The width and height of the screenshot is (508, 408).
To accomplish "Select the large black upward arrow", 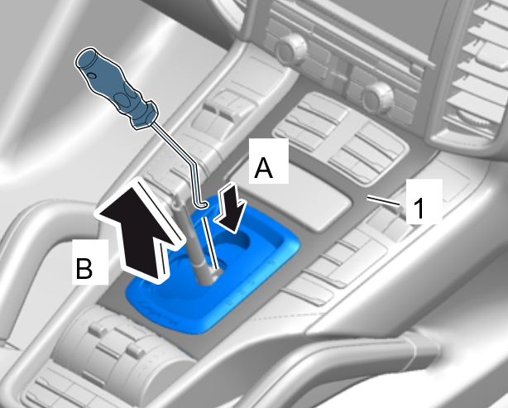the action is coord(141,230).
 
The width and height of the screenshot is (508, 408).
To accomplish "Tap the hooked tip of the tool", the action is coord(202,205).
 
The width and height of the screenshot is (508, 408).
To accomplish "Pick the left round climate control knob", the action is coord(290,50).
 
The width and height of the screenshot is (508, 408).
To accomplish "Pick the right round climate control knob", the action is coord(376,98).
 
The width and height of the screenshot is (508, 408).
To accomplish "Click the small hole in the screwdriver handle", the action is coord(92,75).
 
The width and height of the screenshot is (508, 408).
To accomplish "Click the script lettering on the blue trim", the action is coord(159,313).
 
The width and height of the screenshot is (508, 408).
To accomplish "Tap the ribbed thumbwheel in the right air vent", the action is coord(473,118).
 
